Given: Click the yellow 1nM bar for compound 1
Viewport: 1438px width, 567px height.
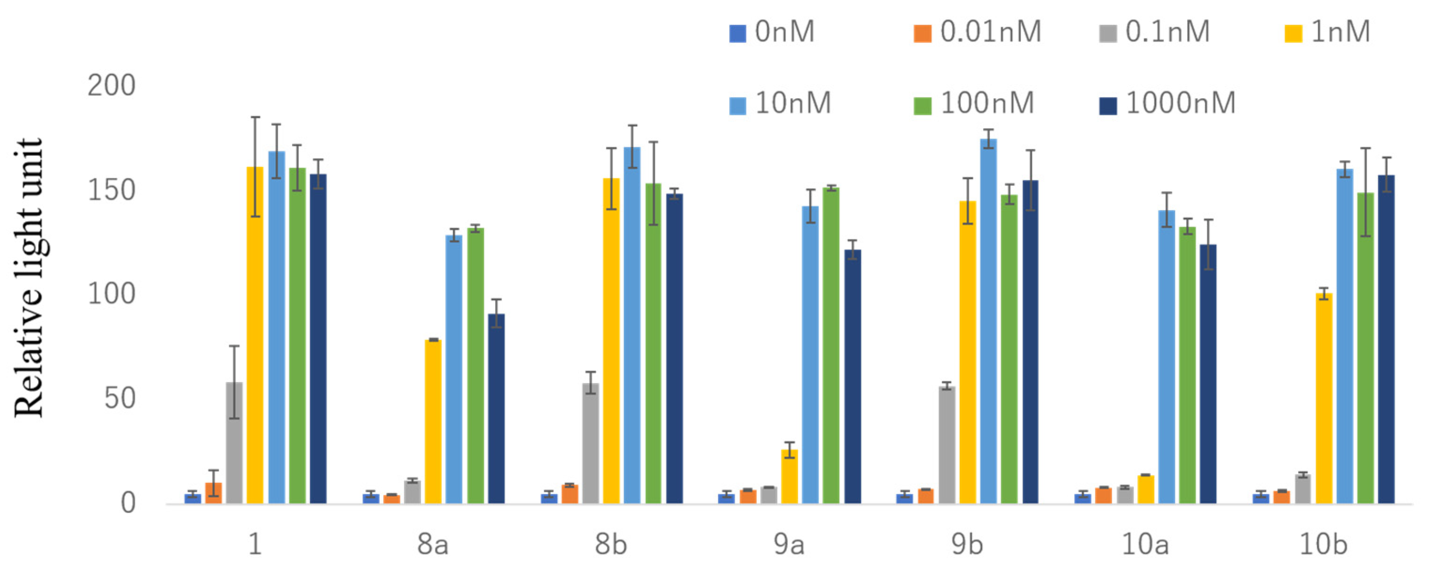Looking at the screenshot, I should click(x=255, y=335).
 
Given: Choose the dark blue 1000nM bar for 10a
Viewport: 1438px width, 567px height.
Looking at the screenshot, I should click(x=1209, y=374).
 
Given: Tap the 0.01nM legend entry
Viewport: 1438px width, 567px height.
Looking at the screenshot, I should click(x=977, y=32).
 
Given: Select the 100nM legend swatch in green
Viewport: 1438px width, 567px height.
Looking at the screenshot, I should click(x=922, y=105).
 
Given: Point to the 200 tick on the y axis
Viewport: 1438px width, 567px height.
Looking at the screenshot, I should click(x=112, y=85).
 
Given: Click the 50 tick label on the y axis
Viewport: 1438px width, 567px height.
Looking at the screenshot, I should click(x=119, y=398).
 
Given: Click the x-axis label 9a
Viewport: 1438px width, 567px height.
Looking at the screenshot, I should click(x=789, y=544).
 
